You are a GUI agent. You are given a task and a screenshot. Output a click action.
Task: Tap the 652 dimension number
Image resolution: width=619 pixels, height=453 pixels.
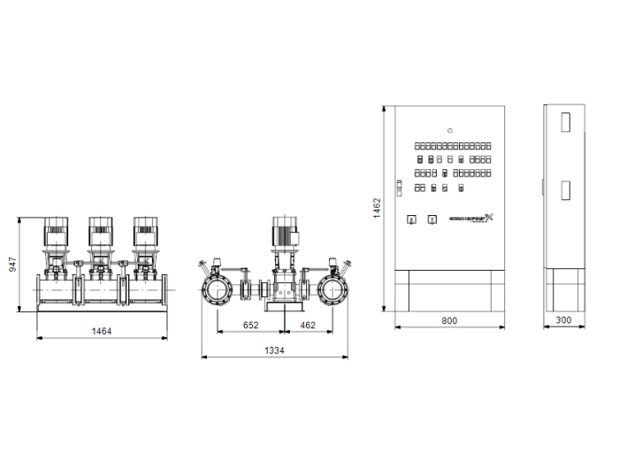[x=251, y=326]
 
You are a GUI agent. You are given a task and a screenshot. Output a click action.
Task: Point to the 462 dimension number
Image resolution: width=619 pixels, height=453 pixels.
[x=307, y=326]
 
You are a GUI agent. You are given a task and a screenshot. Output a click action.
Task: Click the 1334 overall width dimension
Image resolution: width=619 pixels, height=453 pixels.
[x=274, y=351]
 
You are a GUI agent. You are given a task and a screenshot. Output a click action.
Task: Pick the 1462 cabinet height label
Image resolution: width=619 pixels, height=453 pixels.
[x=376, y=208]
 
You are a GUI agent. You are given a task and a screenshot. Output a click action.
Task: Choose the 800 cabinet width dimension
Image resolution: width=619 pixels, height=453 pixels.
[x=449, y=320]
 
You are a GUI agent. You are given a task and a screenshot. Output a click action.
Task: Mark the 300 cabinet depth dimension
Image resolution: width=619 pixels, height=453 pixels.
[x=563, y=320]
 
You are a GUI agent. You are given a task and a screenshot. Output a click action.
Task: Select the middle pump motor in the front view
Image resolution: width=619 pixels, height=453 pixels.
[x=99, y=231]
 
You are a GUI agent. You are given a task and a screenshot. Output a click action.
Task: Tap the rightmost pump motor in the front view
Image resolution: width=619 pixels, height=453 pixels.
[x=143, y=231]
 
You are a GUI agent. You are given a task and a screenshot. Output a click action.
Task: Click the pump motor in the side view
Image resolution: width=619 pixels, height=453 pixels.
[x=284, y=232]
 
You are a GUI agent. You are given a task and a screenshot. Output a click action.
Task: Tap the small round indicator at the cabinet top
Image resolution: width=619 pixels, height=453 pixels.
[x=449, y=130]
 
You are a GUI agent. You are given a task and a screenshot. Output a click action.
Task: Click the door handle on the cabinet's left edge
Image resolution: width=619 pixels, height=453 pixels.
[x=399, y=187]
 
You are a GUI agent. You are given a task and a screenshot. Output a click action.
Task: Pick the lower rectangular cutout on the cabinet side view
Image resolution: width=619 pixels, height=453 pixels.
[x=565, y=190]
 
